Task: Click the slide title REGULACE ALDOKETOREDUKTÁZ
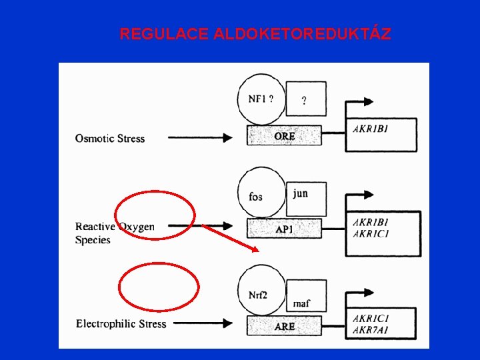[x=255, y=34]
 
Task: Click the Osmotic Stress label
[x=110, y=139]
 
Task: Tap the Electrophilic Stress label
[x=121, y=324]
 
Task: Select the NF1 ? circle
[x=260, y=99]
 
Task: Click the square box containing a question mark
[x=305, y=100]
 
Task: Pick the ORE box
[x=284, y=136]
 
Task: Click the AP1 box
[x=284, y=229]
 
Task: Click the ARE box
[x=284, y=326]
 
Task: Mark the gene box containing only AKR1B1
[x=381, y=135]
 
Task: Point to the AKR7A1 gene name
[x=371, y=331]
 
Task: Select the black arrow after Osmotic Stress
[x=199, y=138]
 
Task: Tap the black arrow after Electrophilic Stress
[x=206, y=325]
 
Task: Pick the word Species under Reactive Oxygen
[x=93, y=240]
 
